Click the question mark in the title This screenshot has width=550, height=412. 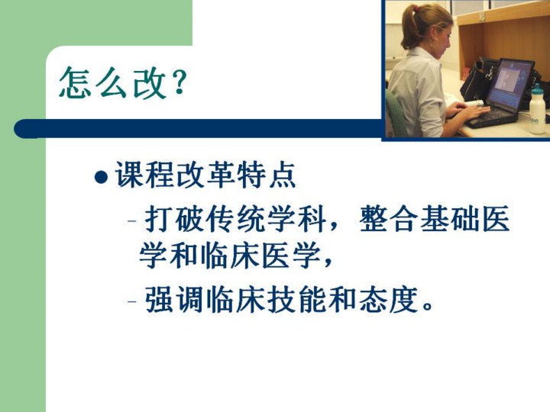[179, 82]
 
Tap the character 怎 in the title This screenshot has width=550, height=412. [75, 82]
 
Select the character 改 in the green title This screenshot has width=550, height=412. [149, 82]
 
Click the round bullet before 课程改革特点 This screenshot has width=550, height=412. [101, 176]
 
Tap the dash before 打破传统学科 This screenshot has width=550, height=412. [132, 221]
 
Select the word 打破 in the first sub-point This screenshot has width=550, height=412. [175, 220]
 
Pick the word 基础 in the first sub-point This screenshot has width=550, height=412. [451, 220]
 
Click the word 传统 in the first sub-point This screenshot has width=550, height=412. [236, 220]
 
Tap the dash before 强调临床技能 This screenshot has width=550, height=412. [132, 301]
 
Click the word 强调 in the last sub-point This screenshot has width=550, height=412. [175, 300]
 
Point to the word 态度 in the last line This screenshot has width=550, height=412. [389, 300]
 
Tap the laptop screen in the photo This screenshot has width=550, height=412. [510, 85]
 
